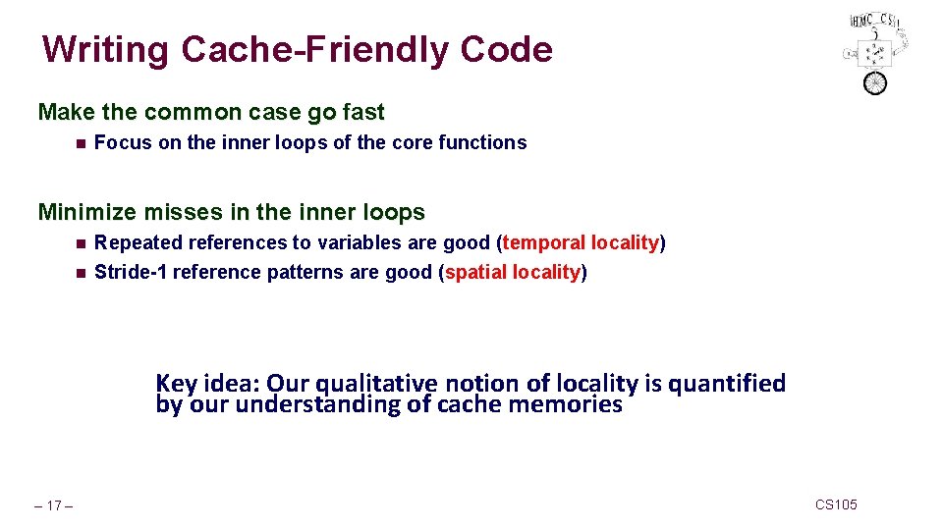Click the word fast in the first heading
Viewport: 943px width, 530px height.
[x=362, y=112]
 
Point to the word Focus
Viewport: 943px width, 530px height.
[x=123, y=142]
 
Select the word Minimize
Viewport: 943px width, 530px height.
[x=85, y=212]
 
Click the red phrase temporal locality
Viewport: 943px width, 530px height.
[x=581, y=242]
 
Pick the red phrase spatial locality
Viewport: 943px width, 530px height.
[x=513, y=272]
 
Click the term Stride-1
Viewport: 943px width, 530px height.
[x=131, y=272]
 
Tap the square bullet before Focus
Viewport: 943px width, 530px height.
[x=79, y=143]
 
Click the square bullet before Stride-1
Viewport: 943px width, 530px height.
[x=79, y=273]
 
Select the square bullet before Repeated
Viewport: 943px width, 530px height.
[x=79, y=243]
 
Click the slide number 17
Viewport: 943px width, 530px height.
[x=55, y=505]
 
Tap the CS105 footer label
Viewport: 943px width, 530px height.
[x=836, y=504]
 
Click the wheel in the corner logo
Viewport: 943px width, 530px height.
[x=873, y=82]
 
